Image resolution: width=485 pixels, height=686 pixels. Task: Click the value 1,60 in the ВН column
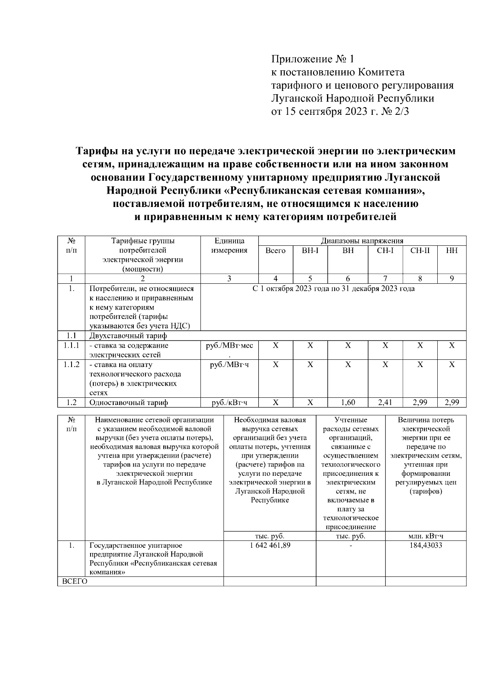point(348,402)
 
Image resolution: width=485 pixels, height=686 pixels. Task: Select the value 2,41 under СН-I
point(385,402)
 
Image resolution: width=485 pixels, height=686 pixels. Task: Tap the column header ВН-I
point(310,251)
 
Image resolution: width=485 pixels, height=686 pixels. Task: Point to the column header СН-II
point(420,251)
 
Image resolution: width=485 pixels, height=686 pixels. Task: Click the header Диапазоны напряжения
point(362,241)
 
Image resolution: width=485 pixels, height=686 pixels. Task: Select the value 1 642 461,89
point(270,545)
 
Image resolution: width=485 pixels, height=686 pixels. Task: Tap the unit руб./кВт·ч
point(229,402)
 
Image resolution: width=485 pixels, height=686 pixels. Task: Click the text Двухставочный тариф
point(128,336)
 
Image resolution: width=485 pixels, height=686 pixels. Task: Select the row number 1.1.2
point(71,364)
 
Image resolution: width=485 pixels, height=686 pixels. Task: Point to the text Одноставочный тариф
point(129,402)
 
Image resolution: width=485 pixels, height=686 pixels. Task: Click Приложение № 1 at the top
point(312,59)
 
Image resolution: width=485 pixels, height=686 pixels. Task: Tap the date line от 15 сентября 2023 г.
point(339,112)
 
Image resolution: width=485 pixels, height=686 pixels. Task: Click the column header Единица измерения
point(229,245)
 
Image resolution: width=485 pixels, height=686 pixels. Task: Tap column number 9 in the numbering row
point(451,279)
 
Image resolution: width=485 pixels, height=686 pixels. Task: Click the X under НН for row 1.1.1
point(451,346)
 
